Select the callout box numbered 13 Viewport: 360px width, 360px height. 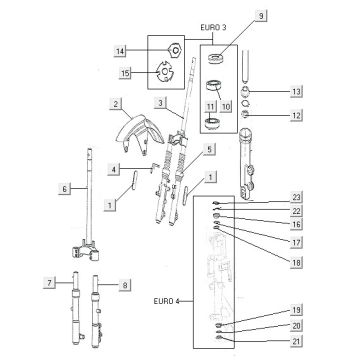pos(295,93)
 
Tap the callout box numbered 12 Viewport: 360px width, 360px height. pos(295,117)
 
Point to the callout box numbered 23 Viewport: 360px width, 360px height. pos(295,196)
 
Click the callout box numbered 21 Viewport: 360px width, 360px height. pos(295,342)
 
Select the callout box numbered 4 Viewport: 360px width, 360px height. pos(116,168)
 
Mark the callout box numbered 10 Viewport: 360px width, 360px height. pos(226,105)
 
